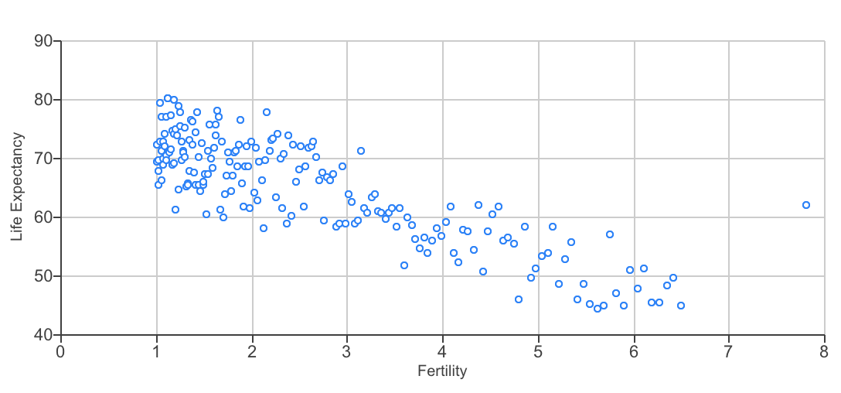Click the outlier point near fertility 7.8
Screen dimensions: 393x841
(806, 205)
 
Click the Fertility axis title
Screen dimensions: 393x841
(442, 371)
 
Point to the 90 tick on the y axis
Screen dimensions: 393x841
(43, 41)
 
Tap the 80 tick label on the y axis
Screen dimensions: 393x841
(43, 100)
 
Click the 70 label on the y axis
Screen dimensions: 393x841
(43, 159)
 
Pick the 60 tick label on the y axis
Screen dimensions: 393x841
(43, 217)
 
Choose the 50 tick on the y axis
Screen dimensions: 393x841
(43, 276)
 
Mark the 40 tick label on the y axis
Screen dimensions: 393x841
(43, 335)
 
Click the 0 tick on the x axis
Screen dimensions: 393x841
(61, 350)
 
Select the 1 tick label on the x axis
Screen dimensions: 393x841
(157, 350)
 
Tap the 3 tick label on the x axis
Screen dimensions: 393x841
(347, 350)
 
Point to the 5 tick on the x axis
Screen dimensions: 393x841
(538, 350)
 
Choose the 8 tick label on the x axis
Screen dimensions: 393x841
(824, 350)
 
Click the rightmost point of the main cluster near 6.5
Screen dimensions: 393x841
(681, 306)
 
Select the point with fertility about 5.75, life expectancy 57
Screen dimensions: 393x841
(610, 234)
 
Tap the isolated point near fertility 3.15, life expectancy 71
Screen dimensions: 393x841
(361, 151)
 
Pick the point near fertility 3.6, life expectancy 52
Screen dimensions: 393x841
(404, 265)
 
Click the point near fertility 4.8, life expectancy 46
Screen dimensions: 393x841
(519, 299)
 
